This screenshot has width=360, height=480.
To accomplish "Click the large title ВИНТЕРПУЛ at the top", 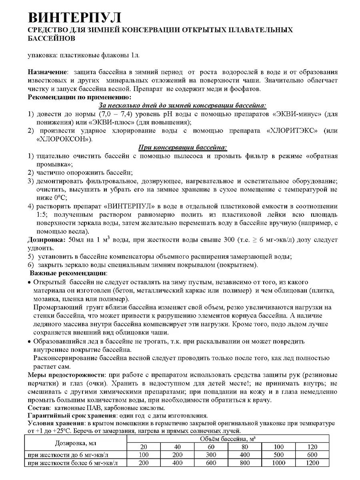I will [x=74, y=18].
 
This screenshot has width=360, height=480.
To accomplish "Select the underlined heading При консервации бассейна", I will [x=182, y=148].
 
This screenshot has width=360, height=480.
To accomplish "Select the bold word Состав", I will [x=38, y=408].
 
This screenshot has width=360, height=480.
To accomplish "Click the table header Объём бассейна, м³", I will [x=228, y=439].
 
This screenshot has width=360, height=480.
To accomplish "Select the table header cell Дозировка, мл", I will [x=76, y=443].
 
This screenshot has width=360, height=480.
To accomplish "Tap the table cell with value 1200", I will [x=311, y=463].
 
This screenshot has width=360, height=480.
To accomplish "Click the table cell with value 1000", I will [x=278, y=463].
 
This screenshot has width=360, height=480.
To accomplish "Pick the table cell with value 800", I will [x=244, y=463].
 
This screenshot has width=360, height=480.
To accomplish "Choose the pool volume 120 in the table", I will [x=311, y=447].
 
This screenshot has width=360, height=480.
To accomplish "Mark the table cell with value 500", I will [x=278, y=455].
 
